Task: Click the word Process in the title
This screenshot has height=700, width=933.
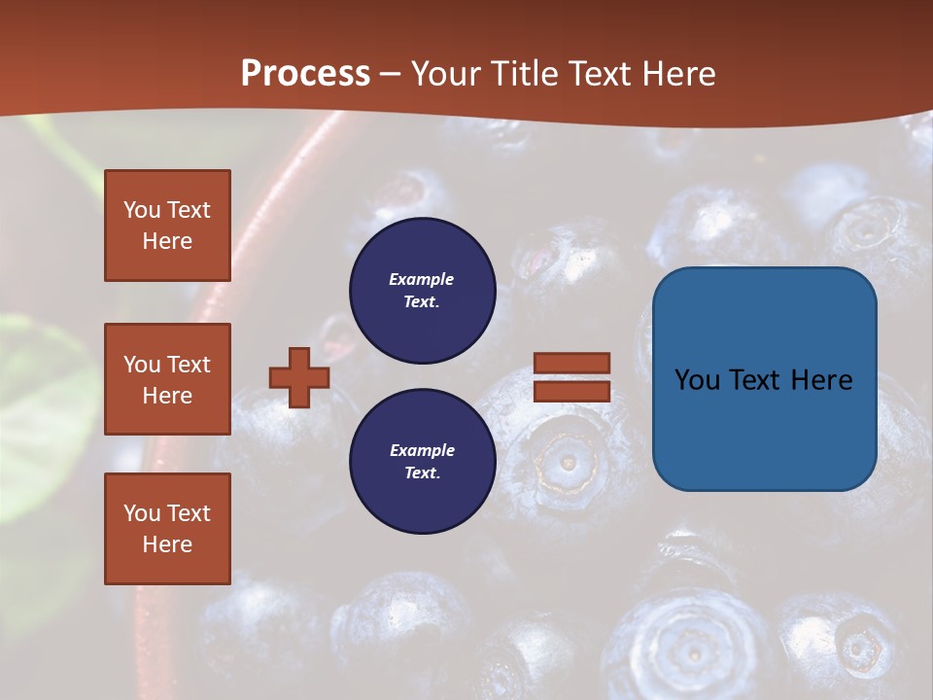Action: pos(305,74)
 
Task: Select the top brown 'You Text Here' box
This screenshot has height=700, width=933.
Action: pos(167,226)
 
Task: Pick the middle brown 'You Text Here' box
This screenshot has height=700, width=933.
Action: pos(167,379)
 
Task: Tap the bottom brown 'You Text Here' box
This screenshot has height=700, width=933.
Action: pos(167,529)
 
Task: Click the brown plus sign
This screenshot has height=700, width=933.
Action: pos(299,377)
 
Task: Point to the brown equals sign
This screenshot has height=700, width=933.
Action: pos(571,377)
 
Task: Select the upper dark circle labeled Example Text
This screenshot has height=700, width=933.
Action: pos(423,290)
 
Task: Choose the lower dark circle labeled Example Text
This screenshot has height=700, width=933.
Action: pos(423,461)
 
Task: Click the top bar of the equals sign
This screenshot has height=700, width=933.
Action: pos(571,364)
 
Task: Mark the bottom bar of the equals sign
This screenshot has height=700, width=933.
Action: pos(571,391)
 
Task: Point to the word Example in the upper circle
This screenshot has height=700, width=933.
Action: pos(421,279)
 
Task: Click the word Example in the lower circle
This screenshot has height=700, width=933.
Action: pos(422,450)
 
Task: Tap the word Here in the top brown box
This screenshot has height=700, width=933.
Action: pos(167,241)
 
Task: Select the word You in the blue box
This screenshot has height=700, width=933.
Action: pos(696,380)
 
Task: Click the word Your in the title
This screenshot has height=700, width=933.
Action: pos(444,74)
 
